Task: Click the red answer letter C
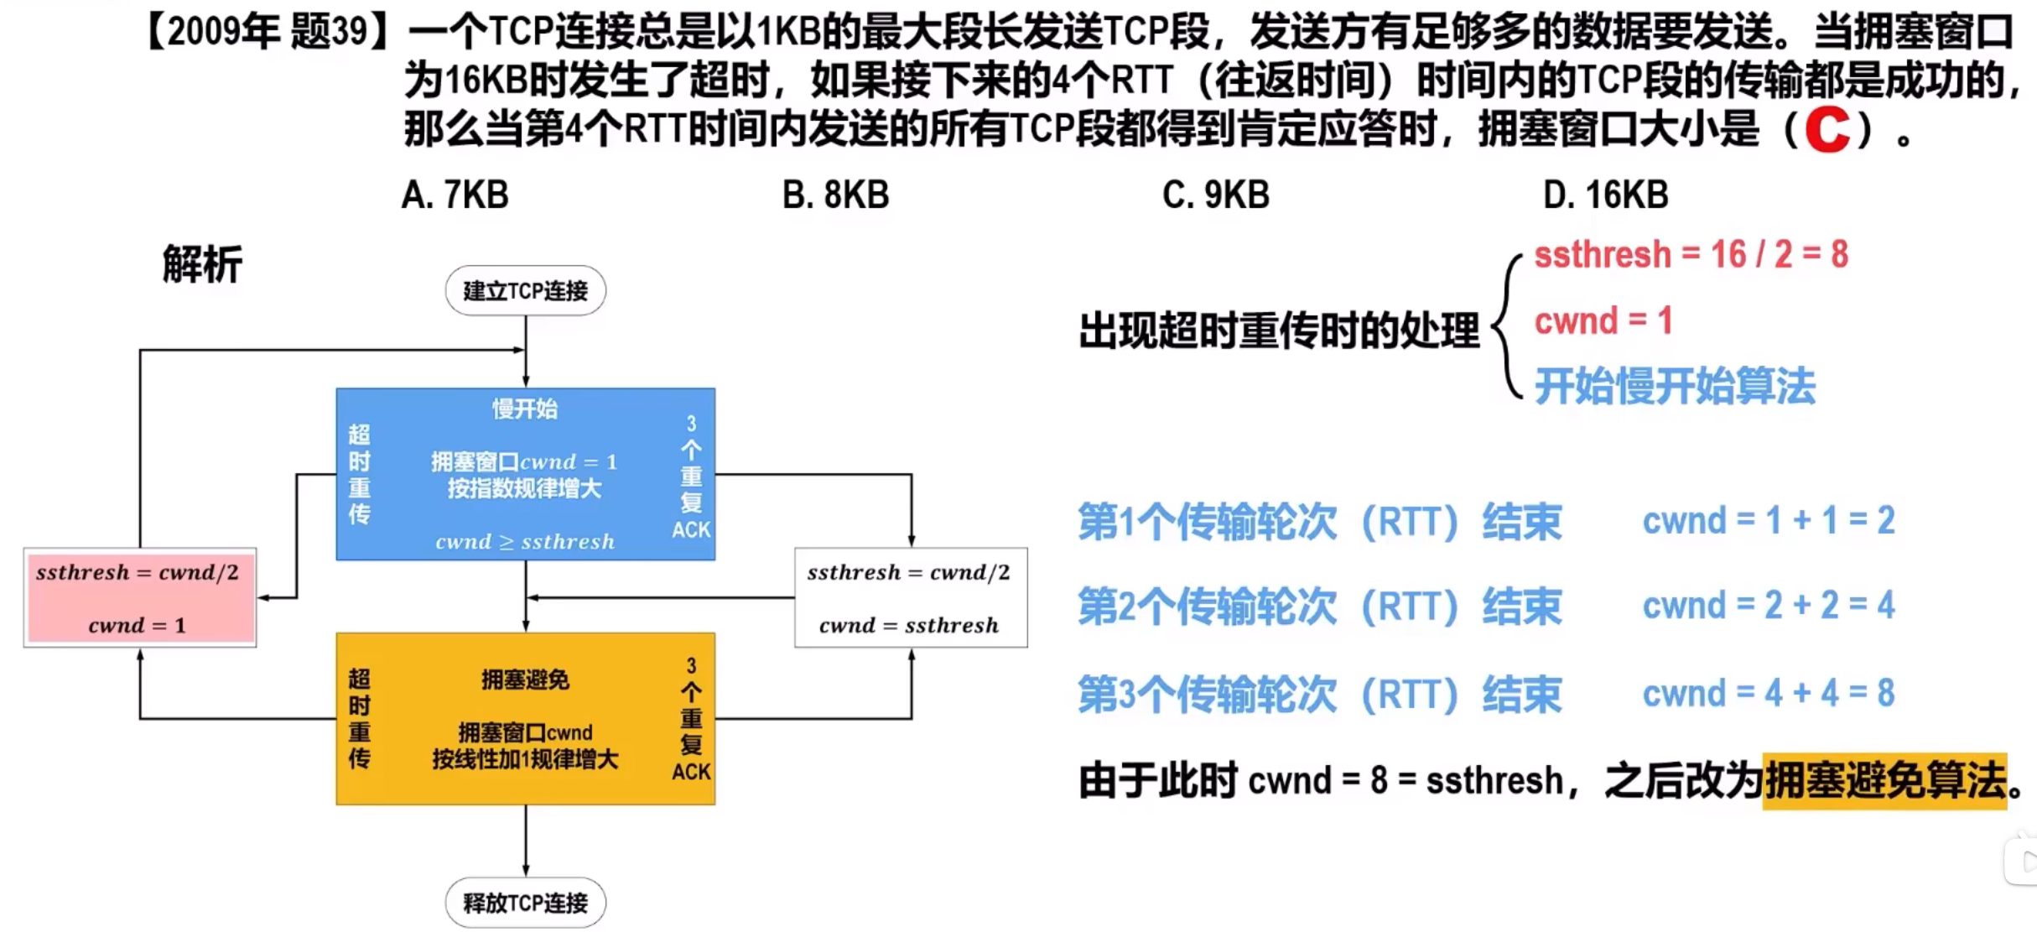[x=1827, y=129]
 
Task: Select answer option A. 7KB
[x=455, y=195]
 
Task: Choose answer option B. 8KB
[x=835, y=195]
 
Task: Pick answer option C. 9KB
[x=1215, y=195]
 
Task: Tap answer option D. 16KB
[x=1605, y=195]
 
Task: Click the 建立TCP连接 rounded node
[x=525, y=291]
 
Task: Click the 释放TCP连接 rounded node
[x=525, y=903]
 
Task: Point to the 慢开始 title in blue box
[x=525, y=409]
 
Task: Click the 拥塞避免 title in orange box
[x=525, y=679]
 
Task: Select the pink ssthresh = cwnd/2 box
[x=139, y=597]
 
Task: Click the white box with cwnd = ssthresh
[x=910, y=597]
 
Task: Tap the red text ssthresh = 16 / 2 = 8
[x=1691, y=254]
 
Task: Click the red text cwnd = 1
[x=1603, y=320]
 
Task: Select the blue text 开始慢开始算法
[x=1674, y=387]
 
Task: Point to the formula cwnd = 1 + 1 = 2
[x=1768, y=521]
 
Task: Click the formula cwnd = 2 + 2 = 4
[x=1768, y=605]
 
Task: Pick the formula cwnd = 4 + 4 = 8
[x=1768, y=694]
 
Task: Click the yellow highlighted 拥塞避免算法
[x=1884, y=780]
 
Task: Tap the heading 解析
[x=202, y=264]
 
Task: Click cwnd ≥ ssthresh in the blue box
[x=525, y=541]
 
